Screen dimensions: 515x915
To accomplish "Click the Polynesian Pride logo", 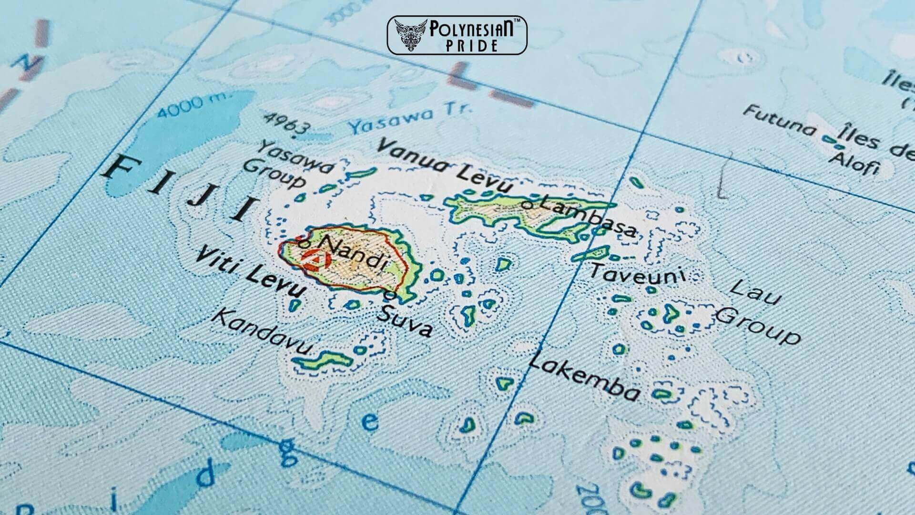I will [x=457, y=35].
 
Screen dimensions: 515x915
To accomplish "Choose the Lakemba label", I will [x=584, y=378].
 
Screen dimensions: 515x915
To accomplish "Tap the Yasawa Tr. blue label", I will [x=410, y=119].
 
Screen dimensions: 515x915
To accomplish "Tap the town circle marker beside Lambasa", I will [x=528, y=205].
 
